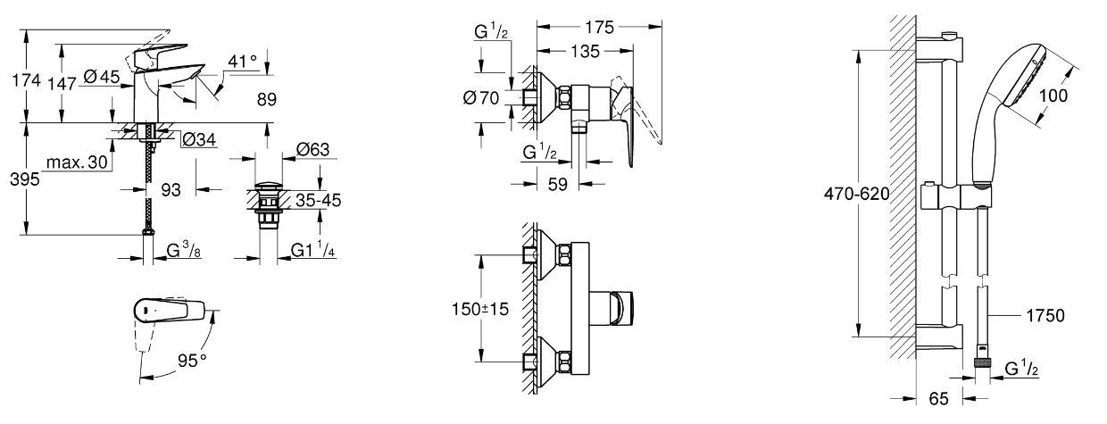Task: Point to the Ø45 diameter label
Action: pyautogui.click(x=103, y=79)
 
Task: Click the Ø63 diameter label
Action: pyautogui.click(x=312, y=149)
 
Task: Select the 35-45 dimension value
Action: pyautogui.click(x=319, y=200)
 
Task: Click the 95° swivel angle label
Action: pyautogui.click(x=190, y=362)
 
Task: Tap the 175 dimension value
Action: pyautogui.click(x=603, y=28)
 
